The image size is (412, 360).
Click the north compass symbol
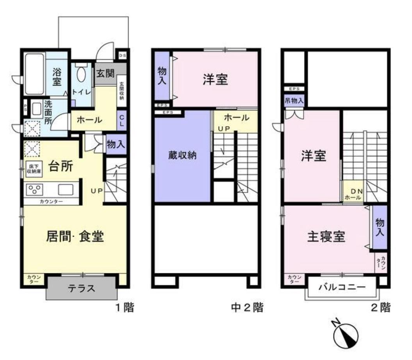(x=345, y=335)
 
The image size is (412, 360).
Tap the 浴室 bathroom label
(x=57, y=77)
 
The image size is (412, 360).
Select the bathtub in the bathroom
(x=34, y=74)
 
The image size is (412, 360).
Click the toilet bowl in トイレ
(x=81, y=74)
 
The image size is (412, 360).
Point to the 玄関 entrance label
(x=105, y=73)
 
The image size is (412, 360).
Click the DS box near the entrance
(x=123, y=55)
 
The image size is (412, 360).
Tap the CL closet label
(x=122, y=121)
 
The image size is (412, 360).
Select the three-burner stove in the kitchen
(x=34, y=189)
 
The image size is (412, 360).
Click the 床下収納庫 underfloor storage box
(x=34, y=169)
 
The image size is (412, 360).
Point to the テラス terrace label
(x=82, y=288)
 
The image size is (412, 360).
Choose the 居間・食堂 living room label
(x=75, y=236)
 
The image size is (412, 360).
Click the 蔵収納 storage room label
(x=182, y=155)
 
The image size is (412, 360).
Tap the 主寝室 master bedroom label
(x=326, y=237)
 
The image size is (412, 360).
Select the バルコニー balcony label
(x=342, y=287)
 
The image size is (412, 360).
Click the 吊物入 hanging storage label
(x=294, y=100)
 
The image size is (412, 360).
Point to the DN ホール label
(x=354, y=194)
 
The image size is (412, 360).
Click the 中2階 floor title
(x=247, y=307)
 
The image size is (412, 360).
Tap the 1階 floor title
(x=125, y=307)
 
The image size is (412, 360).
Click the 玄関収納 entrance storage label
(x=122, y=91)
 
